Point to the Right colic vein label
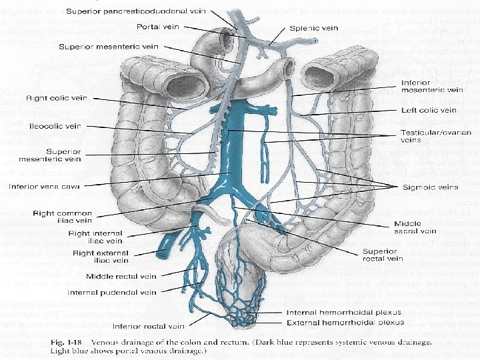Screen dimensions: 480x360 coord(56,98)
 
